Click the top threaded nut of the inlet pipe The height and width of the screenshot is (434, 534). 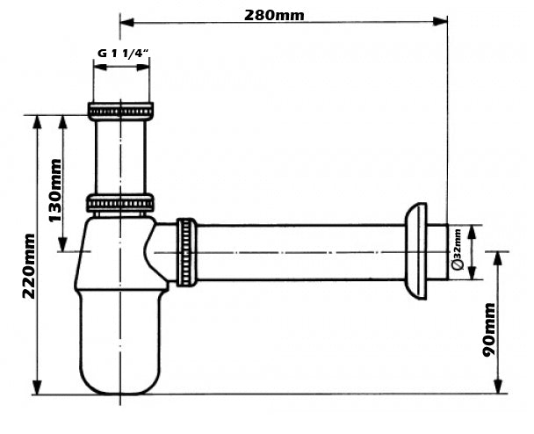pos(120,111)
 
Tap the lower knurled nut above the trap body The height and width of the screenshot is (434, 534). pos(120,204)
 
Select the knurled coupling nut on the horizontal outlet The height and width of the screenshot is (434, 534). pos(185,251)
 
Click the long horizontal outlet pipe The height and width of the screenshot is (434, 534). pos(299,252)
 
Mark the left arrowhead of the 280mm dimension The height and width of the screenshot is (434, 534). pos(125,20)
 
